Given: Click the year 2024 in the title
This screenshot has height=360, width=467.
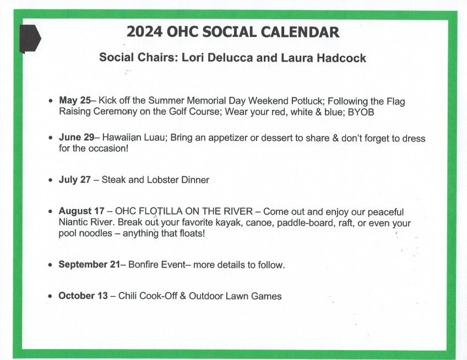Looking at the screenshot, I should [x=144, y=32].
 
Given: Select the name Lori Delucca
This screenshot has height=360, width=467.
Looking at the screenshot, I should [x=214, y=58].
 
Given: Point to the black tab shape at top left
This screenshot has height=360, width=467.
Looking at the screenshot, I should [x=30, y=38].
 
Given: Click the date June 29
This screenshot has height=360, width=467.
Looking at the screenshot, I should [x=77, y=138].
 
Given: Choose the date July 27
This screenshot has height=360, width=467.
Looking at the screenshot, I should [x=74, y=179].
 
